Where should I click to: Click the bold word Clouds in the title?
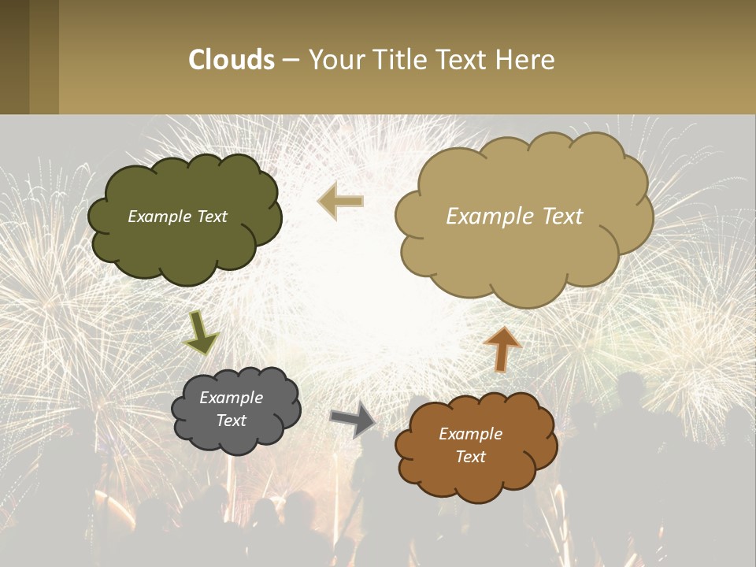tap(232, 60)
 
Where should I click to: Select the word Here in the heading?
tap(527, 60)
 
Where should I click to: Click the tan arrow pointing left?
tap(341, 202)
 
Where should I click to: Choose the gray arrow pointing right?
tap(353, 419)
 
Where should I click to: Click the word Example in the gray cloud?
tap(231, 398)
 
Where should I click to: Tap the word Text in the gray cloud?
tap(231, 421)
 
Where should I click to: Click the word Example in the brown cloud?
tap(470, 434)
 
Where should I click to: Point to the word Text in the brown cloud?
tap(470, 457)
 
